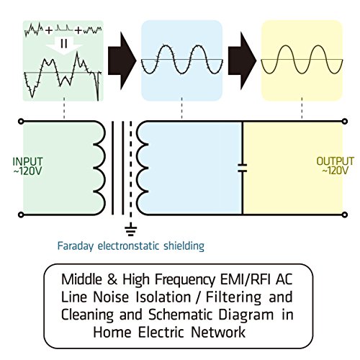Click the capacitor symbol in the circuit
pyautogui.click(x=243, y=168)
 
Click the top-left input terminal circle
pyautogui.click(x=21, y=122)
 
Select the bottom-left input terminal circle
pyautogui.click(x=21, y=215)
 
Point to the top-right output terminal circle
pyautogui.click(x=345, y=121)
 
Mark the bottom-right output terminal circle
pyautogui.click(x=345, y=215)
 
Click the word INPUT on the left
pyautogui.click(x=28, y=161)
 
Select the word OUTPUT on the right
pyautogui.click(x=336, y=161)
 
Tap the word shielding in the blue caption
pyautogui.click(x=184, y=246)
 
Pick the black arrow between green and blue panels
pyautogui.click(x=122, y=60)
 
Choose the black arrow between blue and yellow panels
pyautogui.click(x=242, y=60)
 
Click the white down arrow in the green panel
pyautogui.click(x=64, y=45)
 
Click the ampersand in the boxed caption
pyautogui.click(x=112, y=279)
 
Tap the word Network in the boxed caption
pyautogui.click(x=218, y=333)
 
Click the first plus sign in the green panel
pyautogui.click(x=49, y=30)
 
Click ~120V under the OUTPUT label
pyautogui.click(x=336, y=171)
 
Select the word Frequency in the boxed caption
pyautogui.click(x=185, y=280)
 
